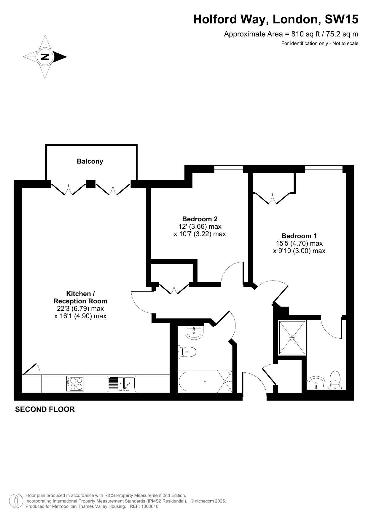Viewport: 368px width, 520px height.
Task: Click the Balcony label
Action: click(x=90, y=161)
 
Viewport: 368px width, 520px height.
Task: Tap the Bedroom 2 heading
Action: click(x=200, y=219)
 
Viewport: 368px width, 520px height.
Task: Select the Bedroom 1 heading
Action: click(x=299, y=236)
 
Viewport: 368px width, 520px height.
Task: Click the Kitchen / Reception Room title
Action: click(x=80, y=297)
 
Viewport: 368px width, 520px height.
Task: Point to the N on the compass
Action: click(x=45, y=57)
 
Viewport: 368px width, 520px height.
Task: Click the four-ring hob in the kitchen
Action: click(x=75, y=384)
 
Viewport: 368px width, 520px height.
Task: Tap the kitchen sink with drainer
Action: click(x=121, y=384)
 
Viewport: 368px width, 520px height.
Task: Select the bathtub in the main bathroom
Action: click(x=205, y=382)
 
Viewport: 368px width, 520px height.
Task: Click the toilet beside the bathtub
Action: click(x=187, y=352)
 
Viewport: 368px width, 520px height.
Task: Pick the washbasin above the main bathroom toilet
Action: click(x=194, y=332)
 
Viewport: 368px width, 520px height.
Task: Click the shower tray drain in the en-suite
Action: click(x=292, y=337)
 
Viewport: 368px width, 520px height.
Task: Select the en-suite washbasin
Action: click(x=316, y=383)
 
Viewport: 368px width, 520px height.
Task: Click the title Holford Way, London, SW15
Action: click(x=276, y=20)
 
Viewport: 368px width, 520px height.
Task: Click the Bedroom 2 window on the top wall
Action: click(x=229, y=169)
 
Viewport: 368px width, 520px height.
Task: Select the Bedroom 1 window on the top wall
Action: click(x=324, y=169)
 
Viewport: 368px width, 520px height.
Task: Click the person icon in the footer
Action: click(x=17, y=501)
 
